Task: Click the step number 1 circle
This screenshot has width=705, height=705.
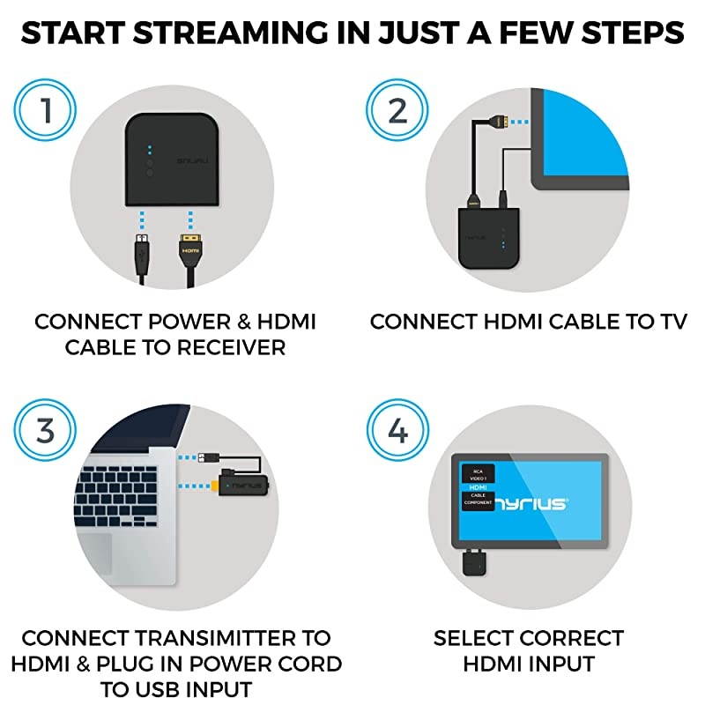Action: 45,111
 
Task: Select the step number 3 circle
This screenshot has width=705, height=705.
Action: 45,432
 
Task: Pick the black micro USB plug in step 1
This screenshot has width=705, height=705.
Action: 141,250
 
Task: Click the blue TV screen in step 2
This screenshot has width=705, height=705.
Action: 586,132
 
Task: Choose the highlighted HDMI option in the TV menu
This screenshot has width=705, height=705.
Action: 479,486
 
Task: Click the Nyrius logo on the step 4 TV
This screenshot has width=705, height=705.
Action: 534,503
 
